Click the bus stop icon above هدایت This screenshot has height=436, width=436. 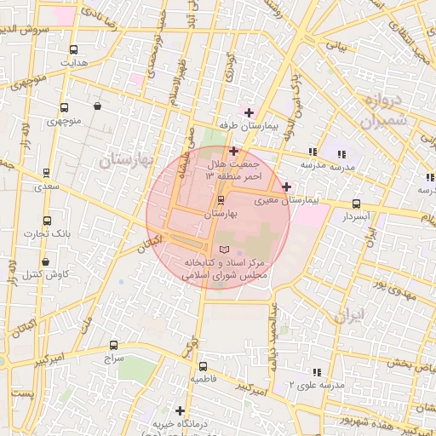coord(73,49)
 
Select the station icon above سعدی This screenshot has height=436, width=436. coord(45,172)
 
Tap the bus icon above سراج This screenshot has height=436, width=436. coord(114,345)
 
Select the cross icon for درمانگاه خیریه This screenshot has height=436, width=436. coord(180,410)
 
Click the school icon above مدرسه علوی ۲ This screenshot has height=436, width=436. coord(317,372)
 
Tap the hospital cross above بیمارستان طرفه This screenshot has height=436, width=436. coord(248,112)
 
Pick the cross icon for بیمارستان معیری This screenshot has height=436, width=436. coord(286,186)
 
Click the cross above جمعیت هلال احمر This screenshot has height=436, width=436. coord(234,151)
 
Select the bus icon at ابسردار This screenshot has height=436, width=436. coord(356,204)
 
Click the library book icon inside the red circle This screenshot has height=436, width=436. coord(225,249)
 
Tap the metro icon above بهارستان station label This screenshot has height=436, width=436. coord(221,200)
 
